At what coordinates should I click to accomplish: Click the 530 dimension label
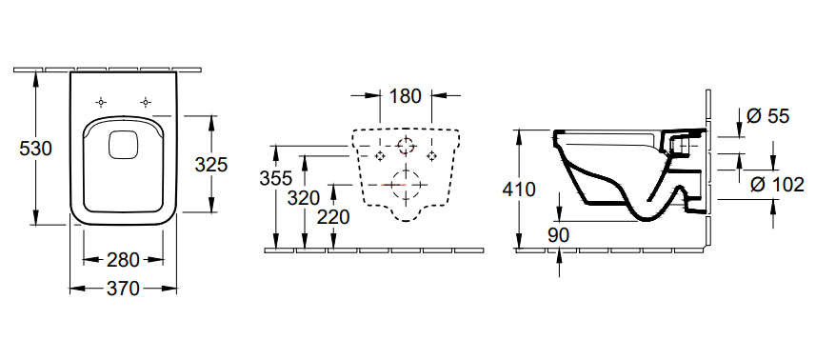(x=36, y=150)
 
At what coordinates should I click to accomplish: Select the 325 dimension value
(x=211, y=165)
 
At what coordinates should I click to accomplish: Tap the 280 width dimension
(x=124, y=260)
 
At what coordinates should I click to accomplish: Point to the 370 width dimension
(x=124, y=289)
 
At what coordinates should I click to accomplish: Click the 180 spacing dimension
(x=405, y=96)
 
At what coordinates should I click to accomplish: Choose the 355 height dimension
(x=276, y=178)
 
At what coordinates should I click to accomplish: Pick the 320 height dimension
(x=304, y=198)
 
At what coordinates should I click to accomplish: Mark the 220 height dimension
(x=333, y=217)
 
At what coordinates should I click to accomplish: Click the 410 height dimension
(x=518, y=190)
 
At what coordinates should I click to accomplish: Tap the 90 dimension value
(x=558, y=235)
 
